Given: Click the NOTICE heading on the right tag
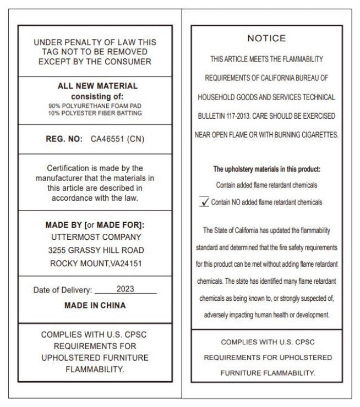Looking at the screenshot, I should point(266,38).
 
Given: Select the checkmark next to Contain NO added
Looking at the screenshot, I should point(204,202).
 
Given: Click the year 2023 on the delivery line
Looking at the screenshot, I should point(125,289).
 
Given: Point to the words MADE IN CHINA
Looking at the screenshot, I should point(95,305).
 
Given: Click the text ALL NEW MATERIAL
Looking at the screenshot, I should point(97,86).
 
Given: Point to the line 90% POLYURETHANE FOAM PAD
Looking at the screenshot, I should point(95,105).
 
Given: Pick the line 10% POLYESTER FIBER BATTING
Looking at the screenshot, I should point(95,113).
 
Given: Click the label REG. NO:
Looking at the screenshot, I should point(64,139).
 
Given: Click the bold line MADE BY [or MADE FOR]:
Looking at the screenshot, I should point(95,224).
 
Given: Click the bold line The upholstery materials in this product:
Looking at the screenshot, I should point(266,169).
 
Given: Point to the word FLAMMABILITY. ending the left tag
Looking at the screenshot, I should point(95,369).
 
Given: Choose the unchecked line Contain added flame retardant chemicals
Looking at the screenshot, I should point(266,185).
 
